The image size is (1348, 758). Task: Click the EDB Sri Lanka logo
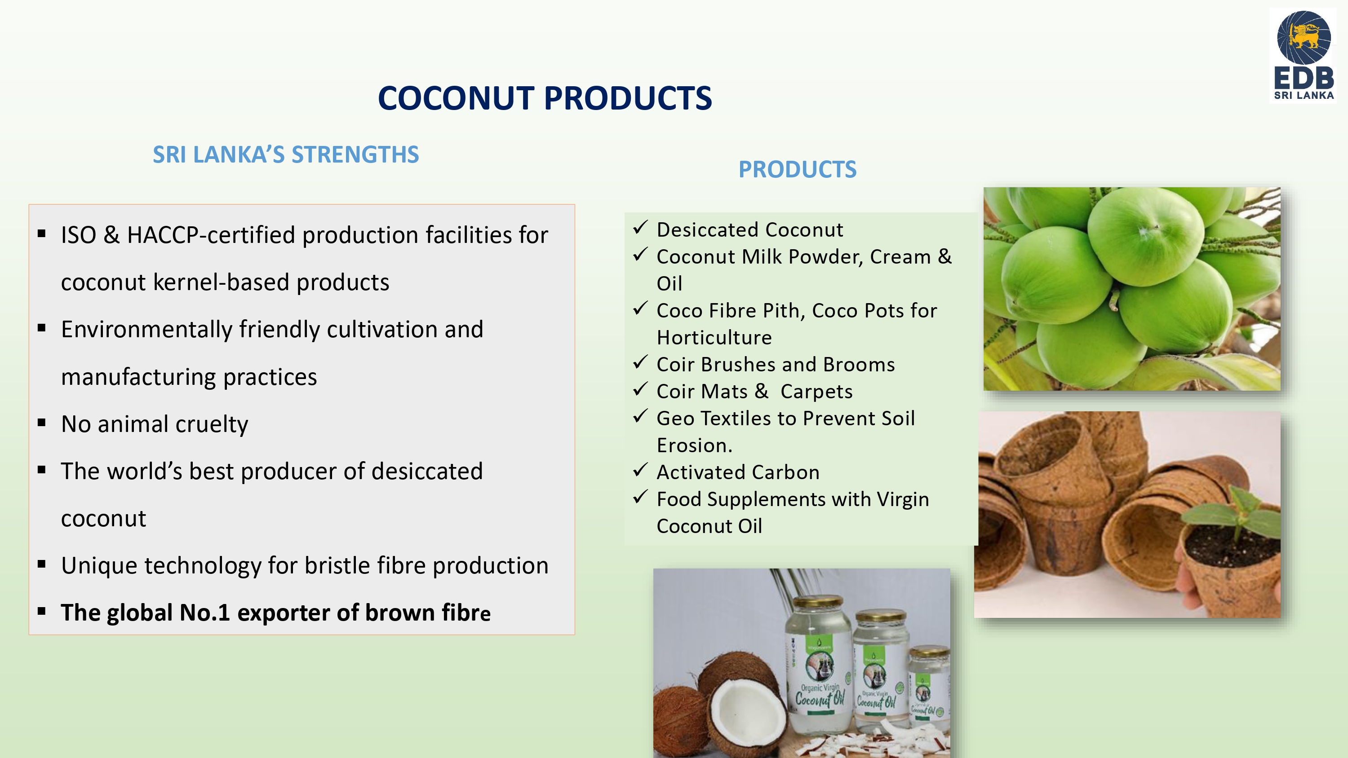tap(1303, 55)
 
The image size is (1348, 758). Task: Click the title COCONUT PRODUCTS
tap(545, 98)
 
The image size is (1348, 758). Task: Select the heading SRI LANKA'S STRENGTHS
tap(286, 154)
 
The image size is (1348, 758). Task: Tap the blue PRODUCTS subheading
tap(798, 169)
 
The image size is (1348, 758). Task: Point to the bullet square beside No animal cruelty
tap(42, 422)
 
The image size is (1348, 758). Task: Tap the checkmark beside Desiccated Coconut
tap(640, 228)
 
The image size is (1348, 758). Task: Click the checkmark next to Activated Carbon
tap(640, 470)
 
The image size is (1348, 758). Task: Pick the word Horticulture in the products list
tap(714, 337)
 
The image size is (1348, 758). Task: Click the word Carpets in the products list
tap(816, 391)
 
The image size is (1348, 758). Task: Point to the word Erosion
tap(694, 445)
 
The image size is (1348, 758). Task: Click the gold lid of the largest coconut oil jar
tap(820, 603)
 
